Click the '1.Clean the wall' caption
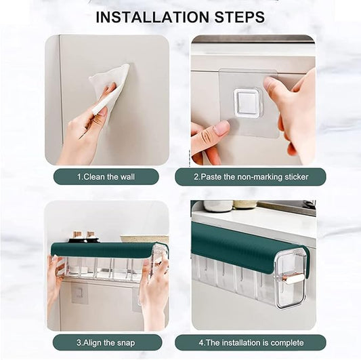pyautogui.click(x=106, y=177)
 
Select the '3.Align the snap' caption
pyautogui.click(x=106, y=342)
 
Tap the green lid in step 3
pyautogui.click(x=102, y=250)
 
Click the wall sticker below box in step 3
pyautogui.click(x=79, y=294)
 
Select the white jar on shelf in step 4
pyautogui.click(x=218, y=205)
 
